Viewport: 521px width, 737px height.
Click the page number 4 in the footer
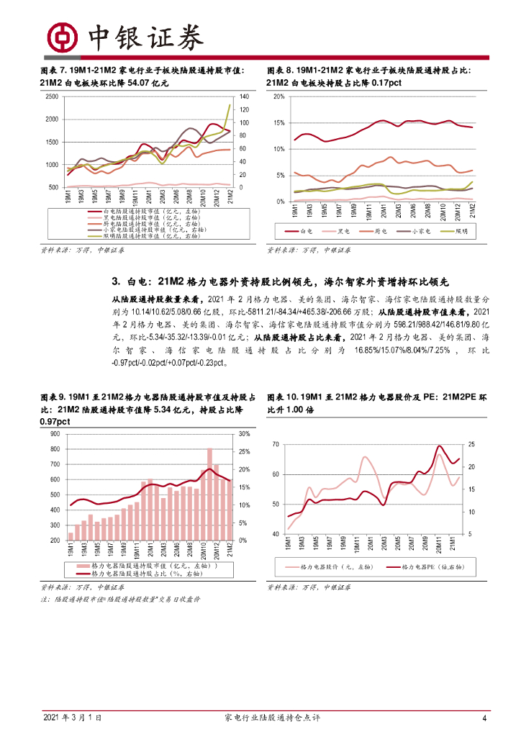tap(484, 718)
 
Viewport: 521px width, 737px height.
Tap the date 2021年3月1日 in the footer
tap(72, 718)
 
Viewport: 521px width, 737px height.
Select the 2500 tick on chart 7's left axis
tap(51, 96)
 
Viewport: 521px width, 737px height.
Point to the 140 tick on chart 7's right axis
tap(244, 96)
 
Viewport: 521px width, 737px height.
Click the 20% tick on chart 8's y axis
tap(280, 96)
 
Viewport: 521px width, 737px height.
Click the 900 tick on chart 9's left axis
tap(54, 434)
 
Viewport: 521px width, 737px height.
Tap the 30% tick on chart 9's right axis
tap(243, 434)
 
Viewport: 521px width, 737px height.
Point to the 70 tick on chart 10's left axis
tap(275, 445)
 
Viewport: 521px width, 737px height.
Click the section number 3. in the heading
tap(116, 281)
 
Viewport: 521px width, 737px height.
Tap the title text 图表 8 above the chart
tap(281, 71)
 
